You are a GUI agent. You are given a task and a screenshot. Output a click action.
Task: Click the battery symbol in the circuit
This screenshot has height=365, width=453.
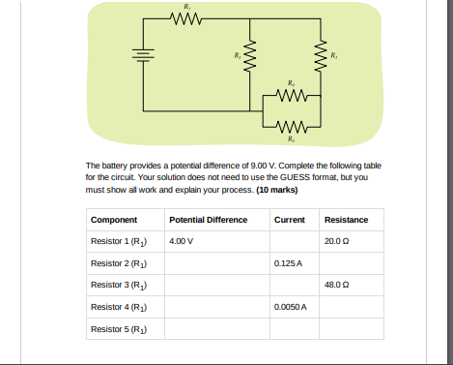coord(144,55)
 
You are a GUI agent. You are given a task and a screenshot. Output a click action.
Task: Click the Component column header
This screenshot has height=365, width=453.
coord(113,220)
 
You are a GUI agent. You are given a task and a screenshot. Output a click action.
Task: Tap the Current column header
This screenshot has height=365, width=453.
coord(289,220)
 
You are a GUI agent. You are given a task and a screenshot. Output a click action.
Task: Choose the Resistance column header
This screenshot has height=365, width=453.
coord(346,220)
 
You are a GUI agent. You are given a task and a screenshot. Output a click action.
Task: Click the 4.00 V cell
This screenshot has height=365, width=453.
coord(181,240)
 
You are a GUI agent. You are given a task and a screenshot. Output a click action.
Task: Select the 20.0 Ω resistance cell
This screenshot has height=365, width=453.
coord(338,240)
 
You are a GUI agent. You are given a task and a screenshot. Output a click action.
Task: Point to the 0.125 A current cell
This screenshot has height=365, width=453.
coord(288,262)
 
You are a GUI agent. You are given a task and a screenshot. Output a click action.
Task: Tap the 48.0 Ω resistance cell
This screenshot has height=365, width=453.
coord(338,285)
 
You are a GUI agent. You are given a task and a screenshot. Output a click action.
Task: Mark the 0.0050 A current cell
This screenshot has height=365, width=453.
coord(290,307)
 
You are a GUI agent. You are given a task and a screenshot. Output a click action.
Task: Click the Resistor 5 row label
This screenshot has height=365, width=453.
coord(117,329)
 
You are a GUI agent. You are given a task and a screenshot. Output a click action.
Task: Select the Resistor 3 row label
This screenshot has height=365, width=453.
coord(117,285)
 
